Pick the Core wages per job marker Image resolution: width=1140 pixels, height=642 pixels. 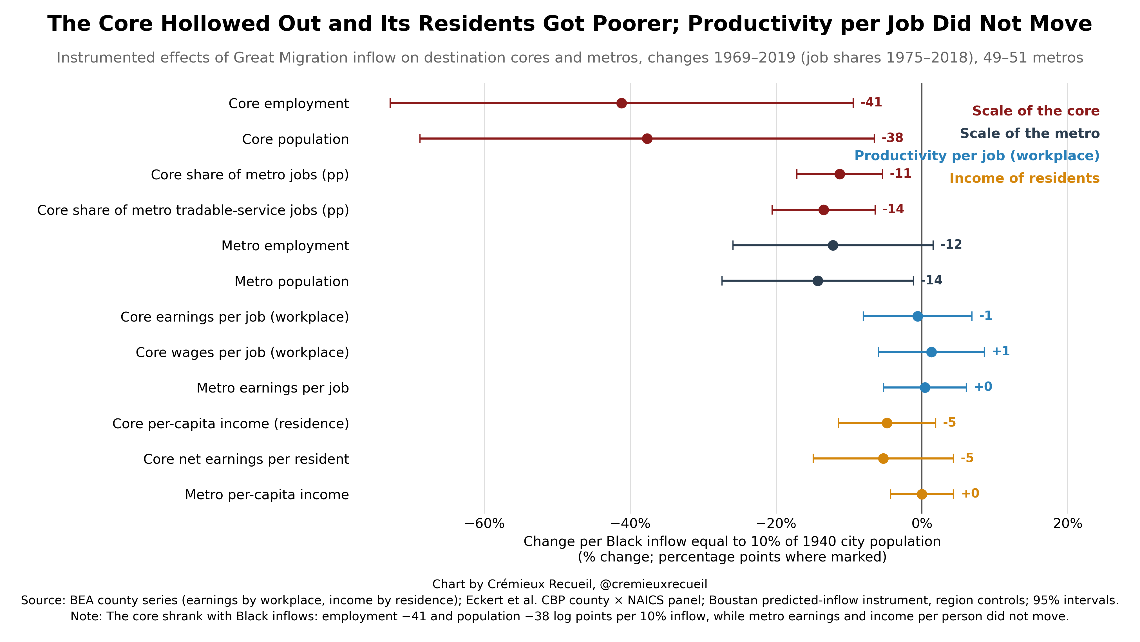931,352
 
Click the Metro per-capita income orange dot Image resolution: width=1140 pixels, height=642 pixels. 922,494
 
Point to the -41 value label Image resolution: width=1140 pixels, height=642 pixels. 871,102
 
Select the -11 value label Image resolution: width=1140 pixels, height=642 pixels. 900,173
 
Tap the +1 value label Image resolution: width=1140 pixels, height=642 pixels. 1001,351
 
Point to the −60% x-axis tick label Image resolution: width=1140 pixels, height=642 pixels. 484,524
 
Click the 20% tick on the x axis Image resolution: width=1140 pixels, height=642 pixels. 1067,524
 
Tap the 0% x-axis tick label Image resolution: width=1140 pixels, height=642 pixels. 922,524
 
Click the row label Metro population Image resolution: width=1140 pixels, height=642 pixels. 292,282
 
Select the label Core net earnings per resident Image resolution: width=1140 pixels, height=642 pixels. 246,459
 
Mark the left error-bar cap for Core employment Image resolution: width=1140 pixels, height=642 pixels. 390,103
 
